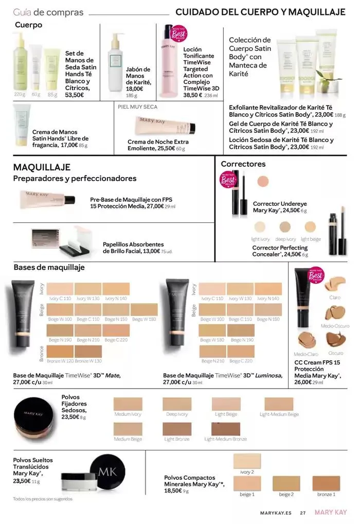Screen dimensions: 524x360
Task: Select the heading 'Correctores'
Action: pos(243,164)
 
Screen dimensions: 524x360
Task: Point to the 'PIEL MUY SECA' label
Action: pos(138,107)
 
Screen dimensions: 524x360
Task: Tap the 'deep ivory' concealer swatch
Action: pos(285,226)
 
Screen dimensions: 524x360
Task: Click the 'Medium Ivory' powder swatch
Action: pos(128,404)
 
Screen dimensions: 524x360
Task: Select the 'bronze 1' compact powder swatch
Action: pos(326,483)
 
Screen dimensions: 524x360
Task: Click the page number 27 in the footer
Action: pos(303,513)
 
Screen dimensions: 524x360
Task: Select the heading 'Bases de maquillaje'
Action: pos(49,267)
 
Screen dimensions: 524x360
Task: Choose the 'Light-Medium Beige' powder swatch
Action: pos(279,404)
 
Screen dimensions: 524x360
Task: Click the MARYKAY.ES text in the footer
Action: pos(275,513)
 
